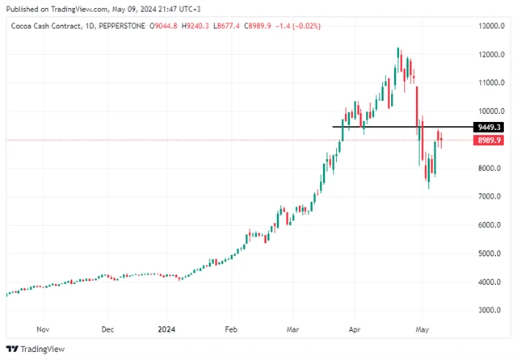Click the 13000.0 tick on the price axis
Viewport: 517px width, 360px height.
pyautogui.click(x=491, y=26)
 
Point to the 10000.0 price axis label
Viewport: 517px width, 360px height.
pyautogui.click(x=491, y=111)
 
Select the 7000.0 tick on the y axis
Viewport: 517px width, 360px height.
pyautogui.click(x=490, y=197)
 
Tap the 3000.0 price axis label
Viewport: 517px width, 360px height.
pyautogui.click(x=490, y=311)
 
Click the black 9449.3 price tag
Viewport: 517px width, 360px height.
pyautogui.click(x=490, y=127)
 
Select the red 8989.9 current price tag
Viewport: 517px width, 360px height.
pyautogui.click(x=490, y=140)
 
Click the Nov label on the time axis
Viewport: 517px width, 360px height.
pyautogui.click(x=44, y=329)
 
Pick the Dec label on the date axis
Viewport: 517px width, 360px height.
pyautogui.click(x=107, y=329)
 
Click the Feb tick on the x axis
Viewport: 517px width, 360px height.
pyautogui.click(x=231, y=329)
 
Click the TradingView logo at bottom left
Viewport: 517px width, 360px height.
pyautogui.click(x=31, y=349)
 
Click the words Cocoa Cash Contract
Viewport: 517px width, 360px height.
pyautogui.click(x=44, y=27)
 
